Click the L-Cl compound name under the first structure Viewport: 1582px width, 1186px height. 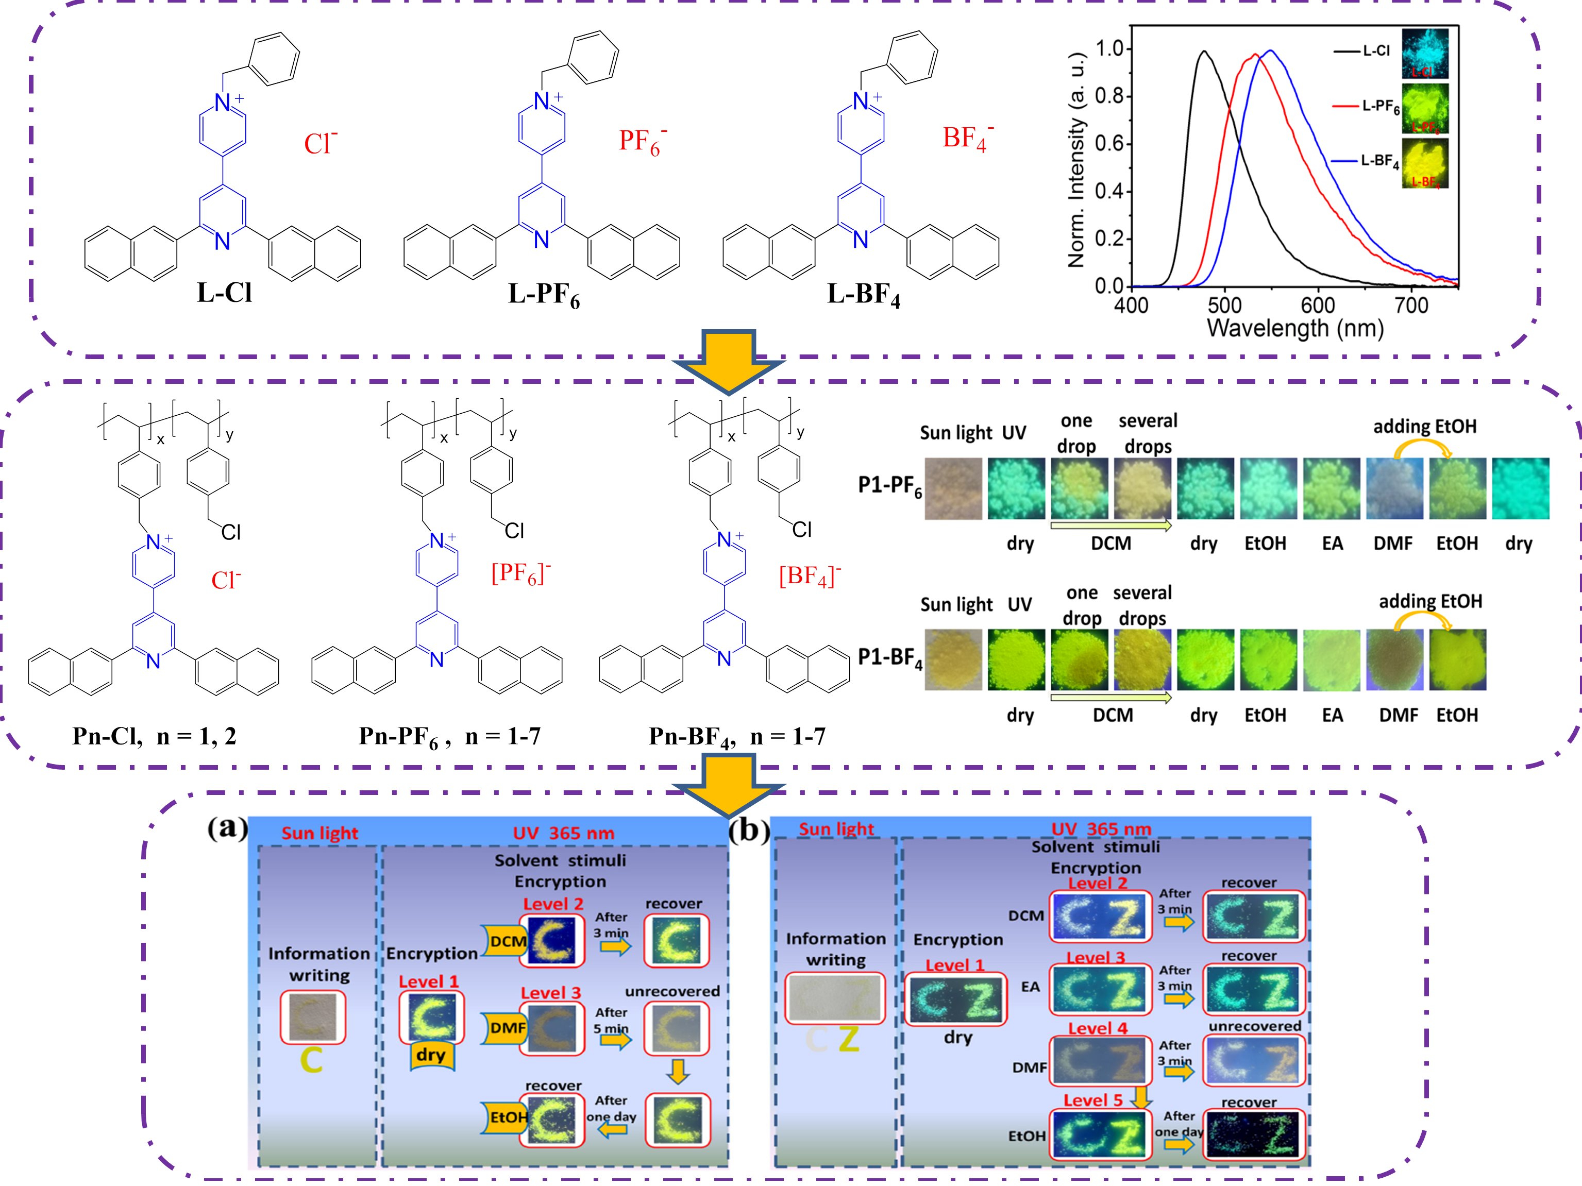225,293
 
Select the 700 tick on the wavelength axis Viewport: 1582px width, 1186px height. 1411,306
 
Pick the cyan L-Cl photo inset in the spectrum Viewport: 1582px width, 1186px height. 1425,54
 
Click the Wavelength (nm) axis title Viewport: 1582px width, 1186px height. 1295,329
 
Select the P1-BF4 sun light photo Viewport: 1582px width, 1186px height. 953,659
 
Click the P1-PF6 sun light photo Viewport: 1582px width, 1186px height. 953,488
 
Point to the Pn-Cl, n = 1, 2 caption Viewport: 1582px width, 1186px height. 155,736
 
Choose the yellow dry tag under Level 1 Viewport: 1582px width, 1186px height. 431,1055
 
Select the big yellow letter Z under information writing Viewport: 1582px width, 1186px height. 849,1040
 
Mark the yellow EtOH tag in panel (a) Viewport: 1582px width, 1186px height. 507,1116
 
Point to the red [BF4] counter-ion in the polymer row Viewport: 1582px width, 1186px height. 810,575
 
